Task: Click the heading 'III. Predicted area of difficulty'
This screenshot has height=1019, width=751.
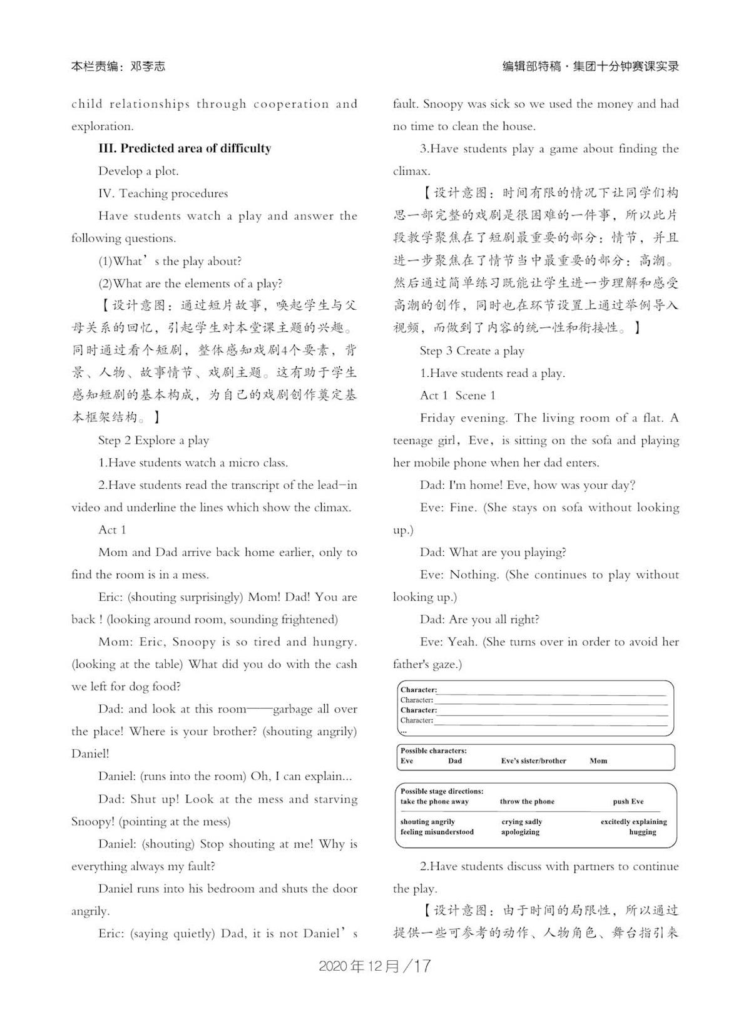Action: (185, 148)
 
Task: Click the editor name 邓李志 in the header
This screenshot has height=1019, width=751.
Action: (148, 66)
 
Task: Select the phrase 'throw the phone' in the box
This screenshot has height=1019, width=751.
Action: (527, 801)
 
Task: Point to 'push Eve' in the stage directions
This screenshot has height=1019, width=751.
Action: (628, 801)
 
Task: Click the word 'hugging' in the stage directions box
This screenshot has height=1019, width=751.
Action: (643, 832)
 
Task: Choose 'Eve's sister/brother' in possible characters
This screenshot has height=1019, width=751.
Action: (533, 760)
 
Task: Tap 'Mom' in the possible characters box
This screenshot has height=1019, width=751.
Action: (598, 760)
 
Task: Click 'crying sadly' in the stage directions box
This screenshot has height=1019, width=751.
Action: (521, 821)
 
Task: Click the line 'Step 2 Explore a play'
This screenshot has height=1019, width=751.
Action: (153, 440)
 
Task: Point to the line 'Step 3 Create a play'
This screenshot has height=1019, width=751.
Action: (472, 351)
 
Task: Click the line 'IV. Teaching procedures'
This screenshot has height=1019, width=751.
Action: (163, 193)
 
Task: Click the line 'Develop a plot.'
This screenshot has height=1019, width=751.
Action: (138, 171)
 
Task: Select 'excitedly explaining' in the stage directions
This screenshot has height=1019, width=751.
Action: (633, 821)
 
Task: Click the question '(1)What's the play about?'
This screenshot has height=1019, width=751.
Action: (170, 261)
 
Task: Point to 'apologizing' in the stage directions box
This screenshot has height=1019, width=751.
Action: (520, 832)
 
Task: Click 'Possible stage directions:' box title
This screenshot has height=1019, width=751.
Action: (442, 791)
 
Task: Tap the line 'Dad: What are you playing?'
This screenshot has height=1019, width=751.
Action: (493, 552)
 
